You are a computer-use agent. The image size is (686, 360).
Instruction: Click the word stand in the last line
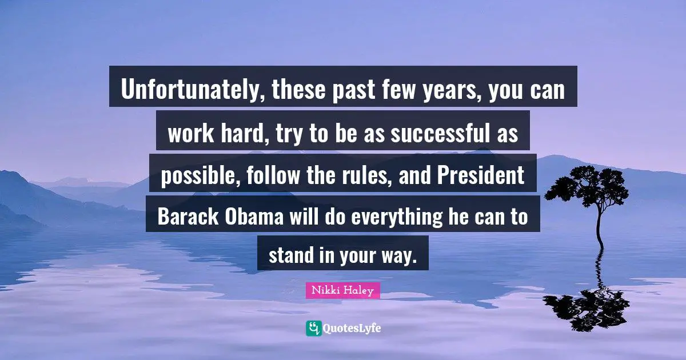(291, 255)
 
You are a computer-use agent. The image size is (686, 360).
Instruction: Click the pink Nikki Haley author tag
(342, 291)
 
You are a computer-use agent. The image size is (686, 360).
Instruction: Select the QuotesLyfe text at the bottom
(352, 328)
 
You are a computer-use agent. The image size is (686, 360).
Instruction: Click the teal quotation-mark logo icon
(313, 328)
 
